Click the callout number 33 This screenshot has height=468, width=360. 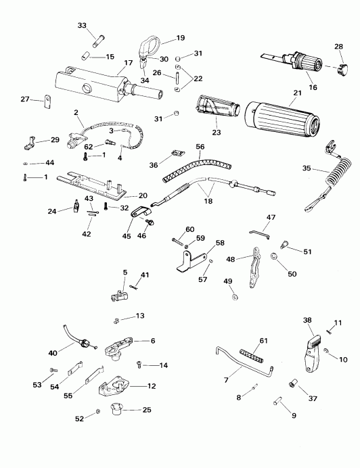82,26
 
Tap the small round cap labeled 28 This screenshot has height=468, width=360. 339,68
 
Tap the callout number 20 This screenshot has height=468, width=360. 142,195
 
